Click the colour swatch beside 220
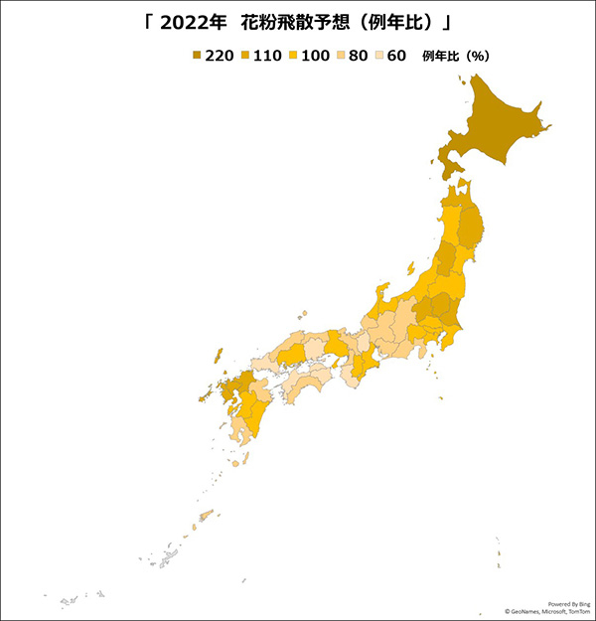point(197,56)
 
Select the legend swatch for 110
point(245,56)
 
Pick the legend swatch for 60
point(379,56)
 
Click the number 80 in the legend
point(358,56)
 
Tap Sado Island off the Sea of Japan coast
point(410,269)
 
